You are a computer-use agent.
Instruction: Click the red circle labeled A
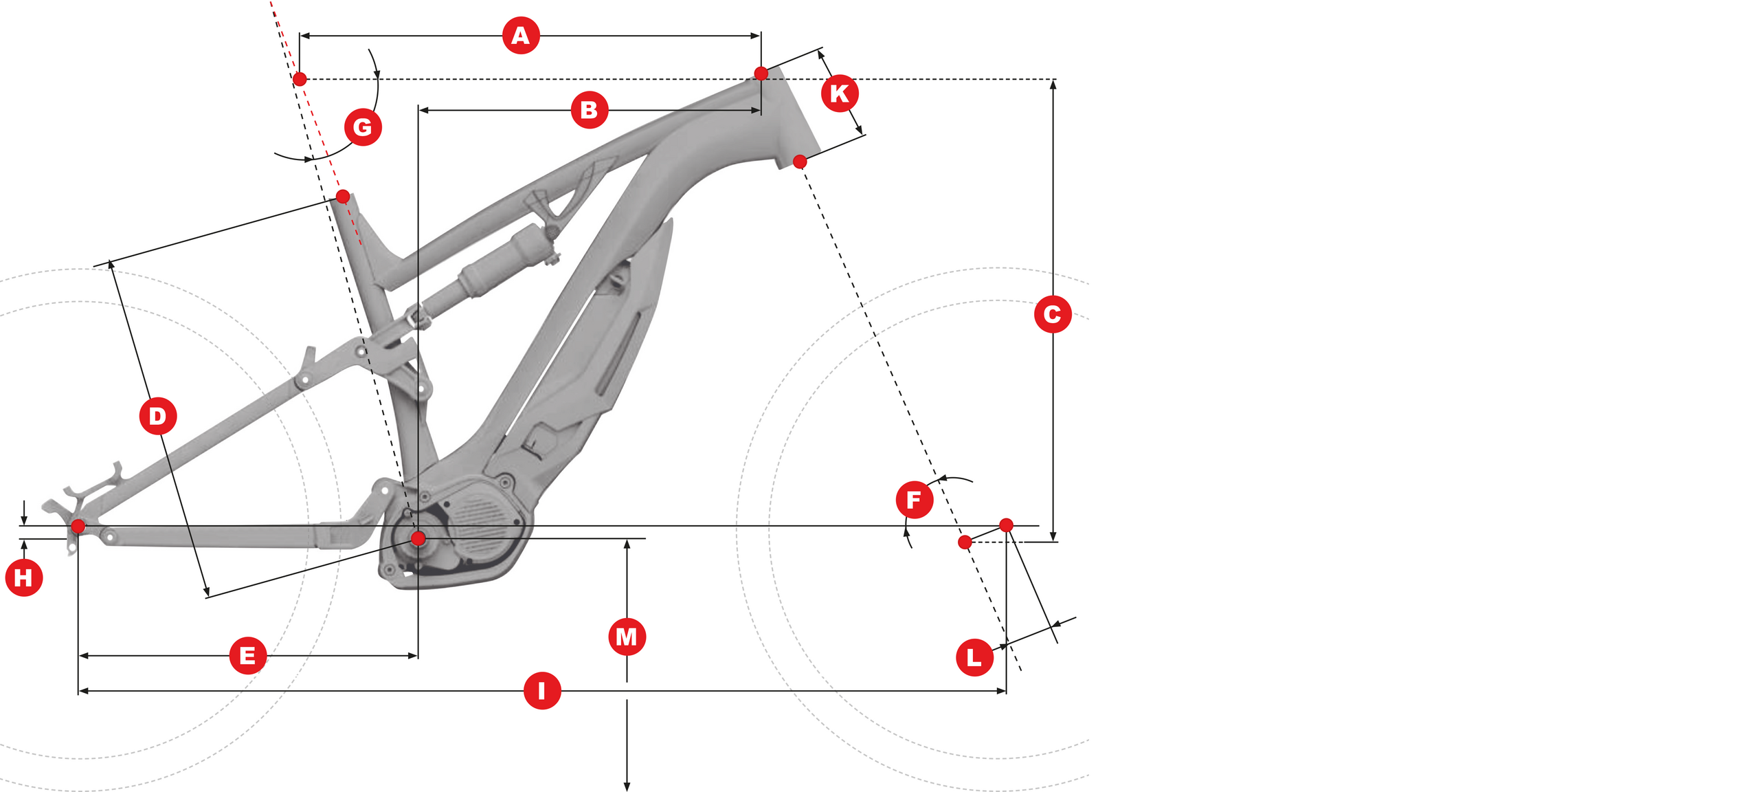521,36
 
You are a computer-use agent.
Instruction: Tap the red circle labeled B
590,110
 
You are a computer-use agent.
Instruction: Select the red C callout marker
1052,314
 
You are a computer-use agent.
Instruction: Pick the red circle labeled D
158,416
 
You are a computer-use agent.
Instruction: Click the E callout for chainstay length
247,656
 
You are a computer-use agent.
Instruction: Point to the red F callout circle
914,500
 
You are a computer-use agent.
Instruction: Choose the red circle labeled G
363,127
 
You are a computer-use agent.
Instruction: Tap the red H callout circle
24,577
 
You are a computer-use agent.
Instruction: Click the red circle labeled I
542,691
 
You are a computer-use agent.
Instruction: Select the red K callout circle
840,93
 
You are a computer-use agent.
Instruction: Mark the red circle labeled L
974,658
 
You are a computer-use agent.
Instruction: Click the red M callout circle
627,637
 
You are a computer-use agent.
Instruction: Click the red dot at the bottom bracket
418,538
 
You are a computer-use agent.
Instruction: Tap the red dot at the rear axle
78,527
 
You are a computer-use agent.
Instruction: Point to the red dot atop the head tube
761,74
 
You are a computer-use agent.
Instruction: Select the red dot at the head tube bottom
800,162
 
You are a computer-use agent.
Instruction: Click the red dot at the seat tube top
343,197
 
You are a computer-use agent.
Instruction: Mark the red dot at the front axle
1006,525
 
